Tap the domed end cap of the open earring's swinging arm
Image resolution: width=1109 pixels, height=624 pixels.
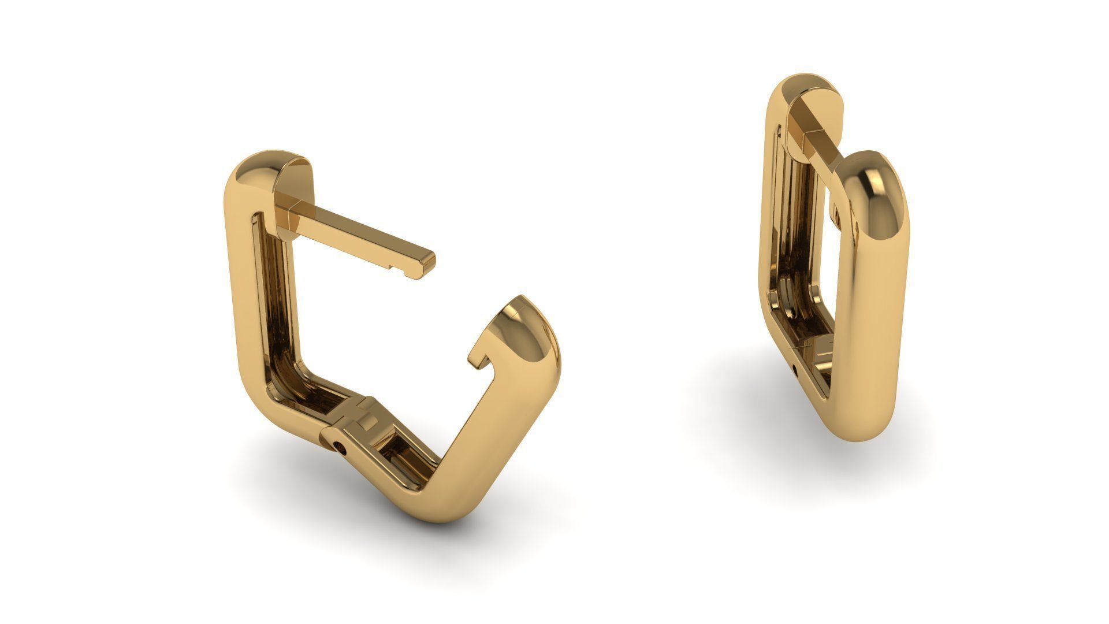[x=523, y=324]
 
